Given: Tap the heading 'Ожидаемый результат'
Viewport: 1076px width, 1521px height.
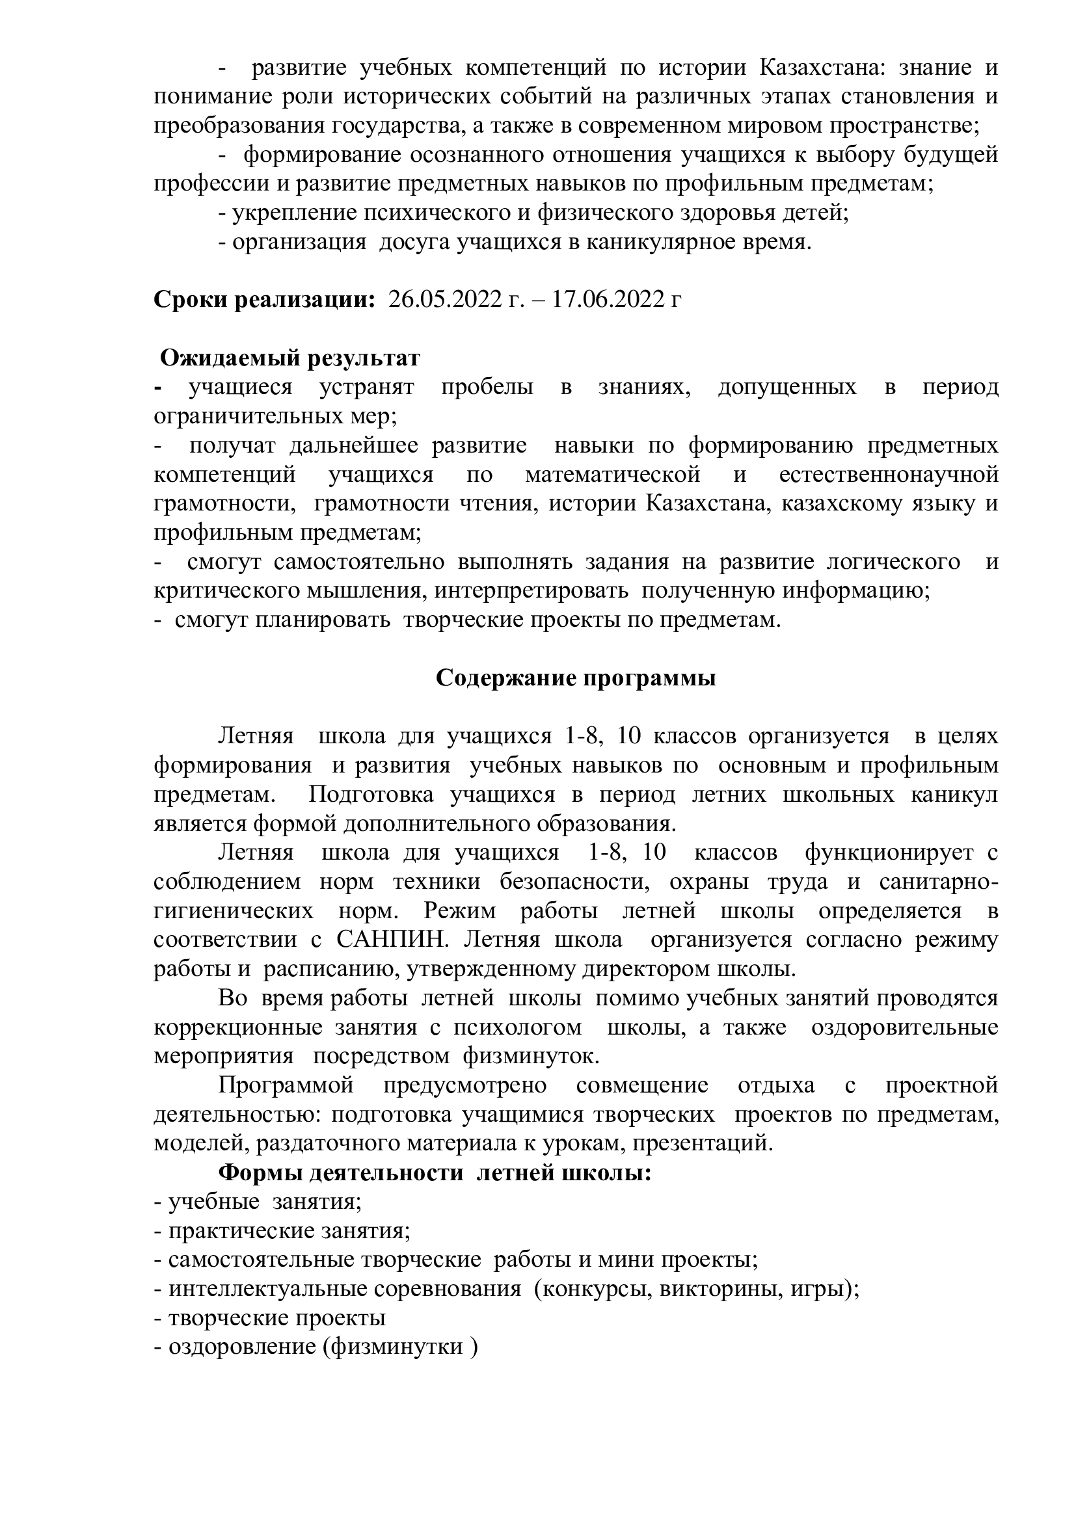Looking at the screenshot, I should [x=291, y=358].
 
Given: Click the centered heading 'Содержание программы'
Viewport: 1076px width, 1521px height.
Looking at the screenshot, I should [x=576, y=679].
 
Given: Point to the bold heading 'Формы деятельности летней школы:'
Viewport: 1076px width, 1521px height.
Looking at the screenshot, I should [x=435, y=1173].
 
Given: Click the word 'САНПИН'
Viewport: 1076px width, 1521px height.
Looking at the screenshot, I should [x=393, y=940].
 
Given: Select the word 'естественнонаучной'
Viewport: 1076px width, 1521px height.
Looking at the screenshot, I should [x=889, y=475].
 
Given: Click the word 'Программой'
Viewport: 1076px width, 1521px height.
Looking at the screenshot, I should [x=286, y=1086].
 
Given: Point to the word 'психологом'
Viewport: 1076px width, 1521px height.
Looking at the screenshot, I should [x=517, y=1027].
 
